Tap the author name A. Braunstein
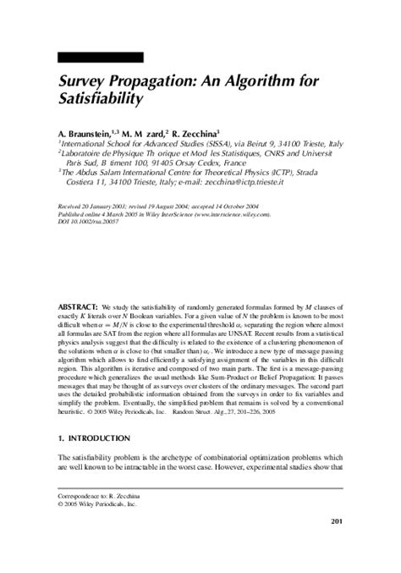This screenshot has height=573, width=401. [x=88, y=133]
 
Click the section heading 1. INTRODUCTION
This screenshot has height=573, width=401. [x=94, y=462]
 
